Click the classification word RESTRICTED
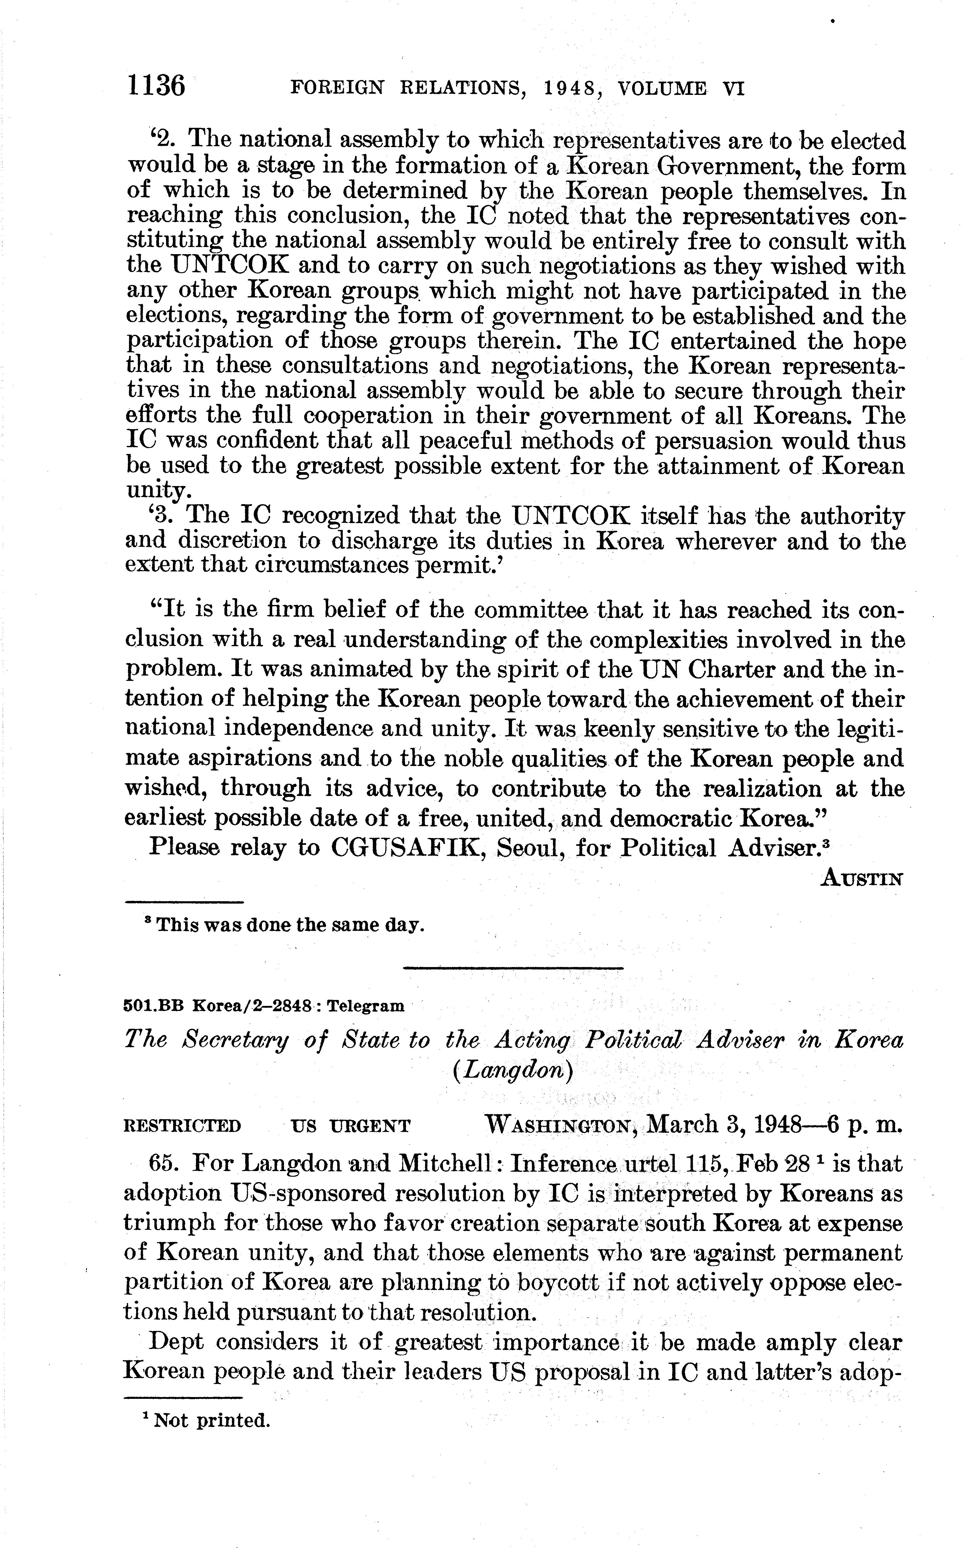(x=182, y=1126)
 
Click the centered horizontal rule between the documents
(x=513, y=969)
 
